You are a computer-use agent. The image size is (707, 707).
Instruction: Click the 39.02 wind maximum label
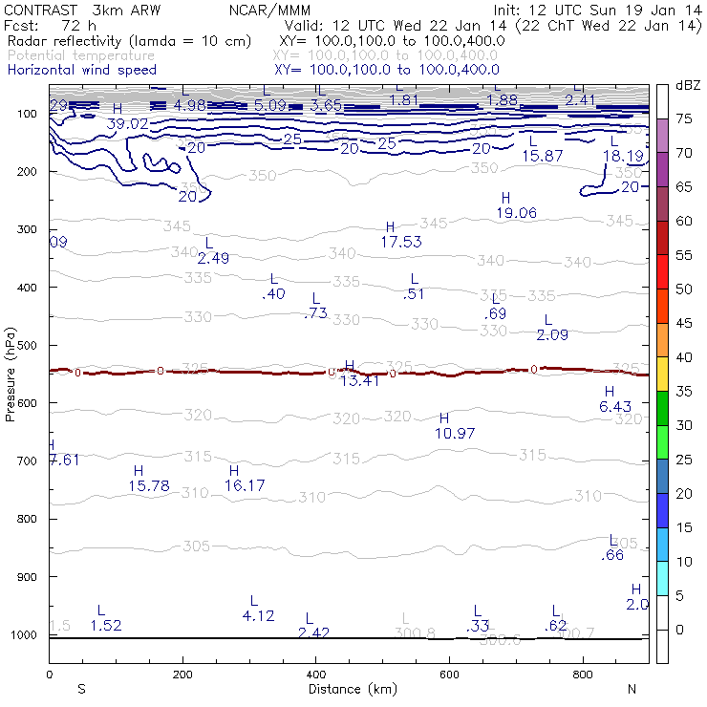tap(127, 124)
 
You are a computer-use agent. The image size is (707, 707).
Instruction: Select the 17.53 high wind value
tap(401, 243)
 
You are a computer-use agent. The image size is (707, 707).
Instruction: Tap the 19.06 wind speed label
tap(516, 213)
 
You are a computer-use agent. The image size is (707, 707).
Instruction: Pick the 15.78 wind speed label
tap(148, 486)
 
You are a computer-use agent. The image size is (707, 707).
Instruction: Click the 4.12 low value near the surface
tap(259, 616)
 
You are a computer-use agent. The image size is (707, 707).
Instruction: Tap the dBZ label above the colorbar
tap(688, 85)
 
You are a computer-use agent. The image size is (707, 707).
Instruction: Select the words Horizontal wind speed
tap(81, 70)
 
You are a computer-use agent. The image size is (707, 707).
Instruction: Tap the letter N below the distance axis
tap(632, 689)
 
